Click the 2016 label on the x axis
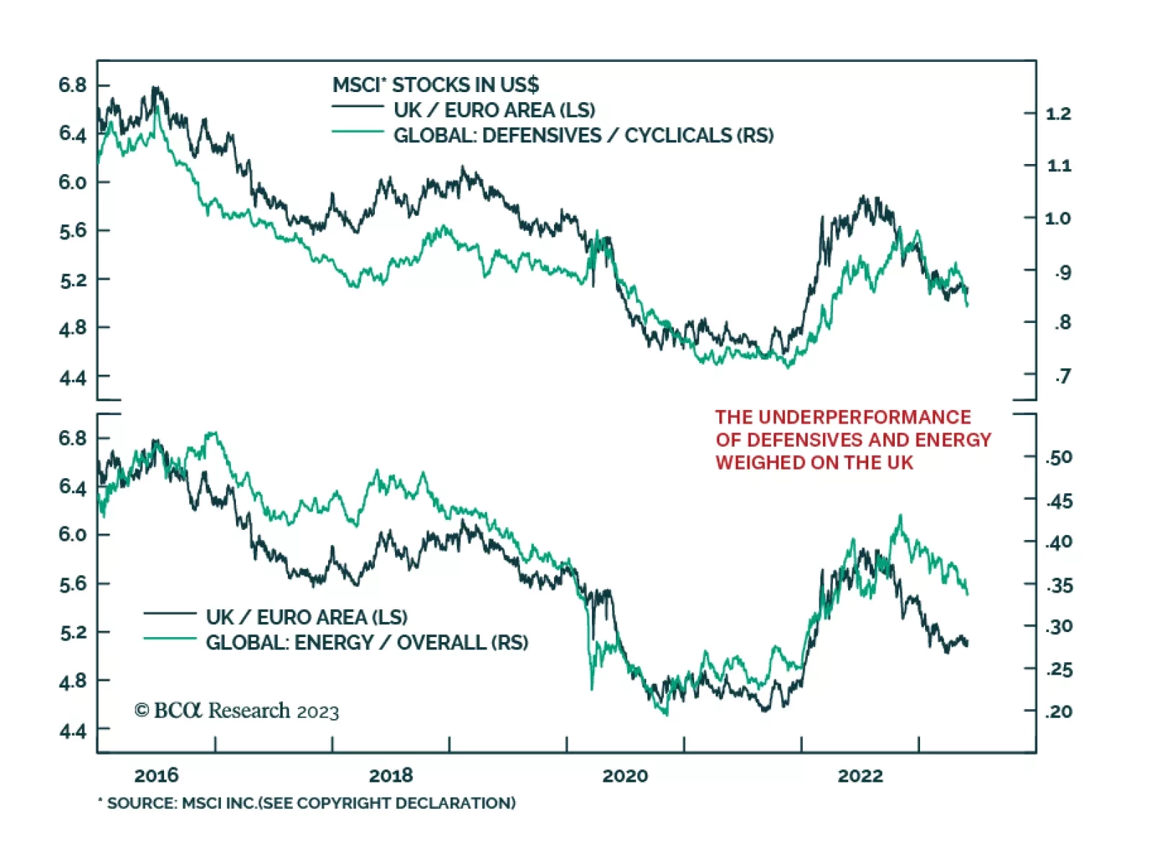click(156, 775)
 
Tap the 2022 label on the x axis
click(860, 775)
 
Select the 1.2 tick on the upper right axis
click(1058, 114)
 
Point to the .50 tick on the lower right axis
click(1059, 457)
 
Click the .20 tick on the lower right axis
click(1059, 711)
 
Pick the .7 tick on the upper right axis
click(1063, 375)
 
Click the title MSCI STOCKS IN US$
click(435, 85)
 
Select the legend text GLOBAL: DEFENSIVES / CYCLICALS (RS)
click(583, 135)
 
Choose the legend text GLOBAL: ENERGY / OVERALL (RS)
click(367, 642)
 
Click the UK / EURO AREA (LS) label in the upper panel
click(494, 110)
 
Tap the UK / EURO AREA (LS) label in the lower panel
click(306, 617)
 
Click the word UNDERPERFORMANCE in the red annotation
click(864, 417)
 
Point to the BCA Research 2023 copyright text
click(237, 711)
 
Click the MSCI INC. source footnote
click(307, 803)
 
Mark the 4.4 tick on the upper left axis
click(72, 377)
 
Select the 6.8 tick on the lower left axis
click(72, 438)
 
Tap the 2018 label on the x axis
click(391, 775)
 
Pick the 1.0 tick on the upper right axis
click(1058, 218)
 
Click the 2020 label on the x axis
click(624, 775)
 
